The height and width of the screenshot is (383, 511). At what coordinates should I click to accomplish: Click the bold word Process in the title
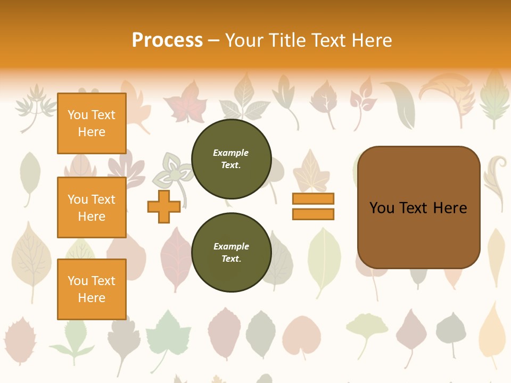tap(167, 40)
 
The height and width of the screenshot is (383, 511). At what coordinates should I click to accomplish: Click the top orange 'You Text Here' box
tap(92, 123)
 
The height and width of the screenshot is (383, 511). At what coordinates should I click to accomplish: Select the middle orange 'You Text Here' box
tap(92, 207)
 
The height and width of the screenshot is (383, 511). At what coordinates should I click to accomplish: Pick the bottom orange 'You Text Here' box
tap(92, 289)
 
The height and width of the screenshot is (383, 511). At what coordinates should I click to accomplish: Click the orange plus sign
tap(164, 206)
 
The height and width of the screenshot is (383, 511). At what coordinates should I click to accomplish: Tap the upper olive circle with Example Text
tap(231, 159)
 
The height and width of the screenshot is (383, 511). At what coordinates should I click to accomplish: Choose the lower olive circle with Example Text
tap(231, 253)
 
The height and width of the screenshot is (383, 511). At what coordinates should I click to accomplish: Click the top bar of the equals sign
tap(313, 198)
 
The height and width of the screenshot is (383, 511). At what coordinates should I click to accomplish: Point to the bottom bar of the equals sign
tap(313, 214)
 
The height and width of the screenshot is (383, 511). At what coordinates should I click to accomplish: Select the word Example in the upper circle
tap(231, 153)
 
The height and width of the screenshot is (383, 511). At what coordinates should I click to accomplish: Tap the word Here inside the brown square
tap(450, 208)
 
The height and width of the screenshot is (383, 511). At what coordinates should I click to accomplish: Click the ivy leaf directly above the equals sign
tap(312, 170)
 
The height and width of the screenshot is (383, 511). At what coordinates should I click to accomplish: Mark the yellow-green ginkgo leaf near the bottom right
tap(367, 327)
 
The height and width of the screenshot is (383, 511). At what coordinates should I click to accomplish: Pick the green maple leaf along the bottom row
tap(168, 332)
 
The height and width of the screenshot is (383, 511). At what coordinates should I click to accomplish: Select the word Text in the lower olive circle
tap(231, 259)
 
